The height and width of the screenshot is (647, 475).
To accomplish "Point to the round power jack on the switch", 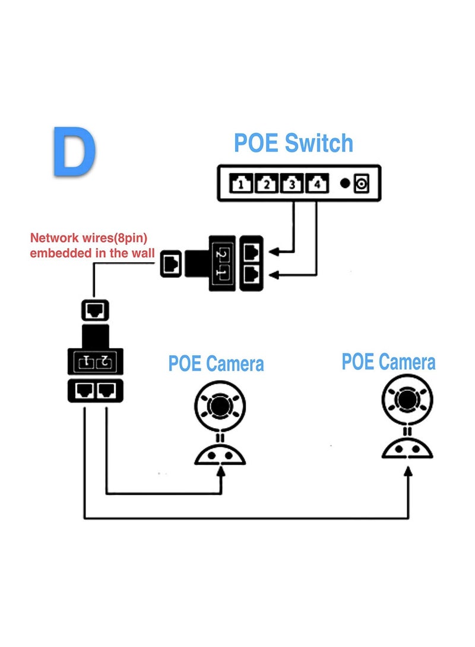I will [x=361, y=184].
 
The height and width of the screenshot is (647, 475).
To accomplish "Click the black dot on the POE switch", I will [x=344, y=183].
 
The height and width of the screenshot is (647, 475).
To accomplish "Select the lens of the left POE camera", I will [x=220, y=406].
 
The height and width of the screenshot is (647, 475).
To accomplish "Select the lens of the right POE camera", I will [x=407, y=399].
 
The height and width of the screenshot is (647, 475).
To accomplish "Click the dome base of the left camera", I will [x=220, y=454].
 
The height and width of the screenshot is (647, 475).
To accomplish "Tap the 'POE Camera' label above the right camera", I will [x=388, y=362].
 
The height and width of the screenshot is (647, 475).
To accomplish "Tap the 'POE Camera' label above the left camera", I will [x=216, y=364].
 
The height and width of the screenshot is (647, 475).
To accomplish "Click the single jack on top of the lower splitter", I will [x=94, y=310].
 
